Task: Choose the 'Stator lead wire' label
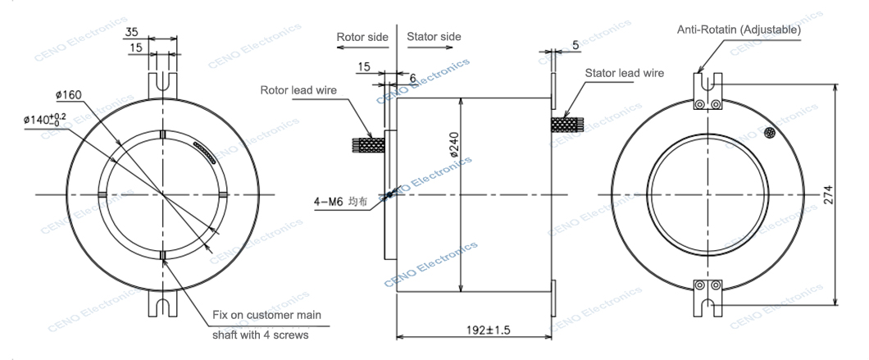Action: coord(624,72)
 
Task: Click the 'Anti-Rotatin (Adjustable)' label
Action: coord(739,30)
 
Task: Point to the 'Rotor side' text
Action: coord(362,37)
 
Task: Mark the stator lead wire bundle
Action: coord(567,125)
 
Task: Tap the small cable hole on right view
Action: coord(770,133)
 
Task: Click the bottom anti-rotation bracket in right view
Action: coord(707,296)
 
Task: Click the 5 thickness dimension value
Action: coord(576,46)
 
